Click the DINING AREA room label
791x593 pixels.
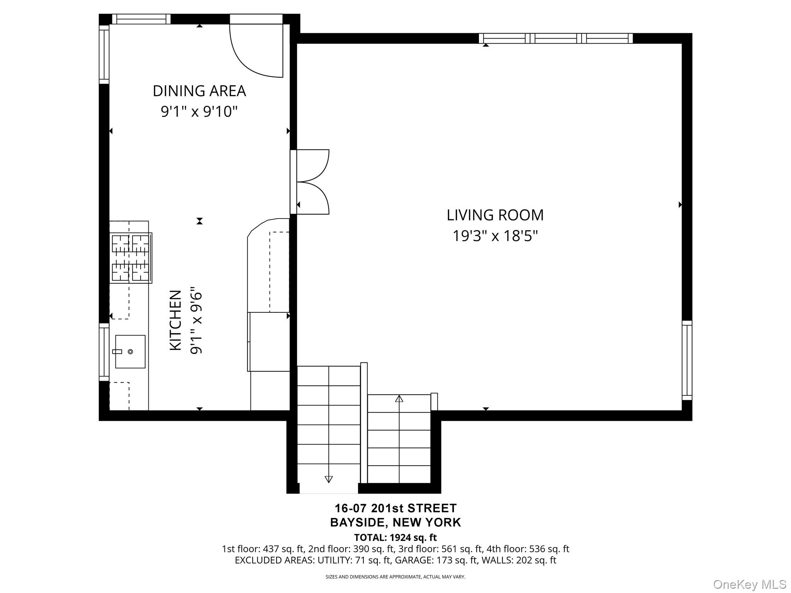click(199, 91)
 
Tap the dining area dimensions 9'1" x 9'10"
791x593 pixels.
click(199, 112)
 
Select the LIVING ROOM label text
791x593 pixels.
click(495, 215)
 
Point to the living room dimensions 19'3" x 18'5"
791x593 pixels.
click(495, 236)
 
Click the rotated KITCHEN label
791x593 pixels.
click(176, 320)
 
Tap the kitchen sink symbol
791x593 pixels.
click(130, 351)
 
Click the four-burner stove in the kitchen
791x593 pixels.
click(131, 258)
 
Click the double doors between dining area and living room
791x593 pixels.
click(311, 182)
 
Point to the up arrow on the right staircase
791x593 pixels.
click(399, 398)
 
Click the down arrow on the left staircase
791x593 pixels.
click(329, 479)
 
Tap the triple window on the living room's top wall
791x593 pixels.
click(555, 38)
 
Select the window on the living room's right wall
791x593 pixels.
click(687, 360)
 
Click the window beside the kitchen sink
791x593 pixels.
click(104, 352)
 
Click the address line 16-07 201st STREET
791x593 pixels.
click(395, 508)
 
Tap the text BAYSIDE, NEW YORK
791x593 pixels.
click(395, 522)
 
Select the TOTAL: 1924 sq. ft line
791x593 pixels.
click(395, 537)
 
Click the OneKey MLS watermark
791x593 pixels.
click(749, 584)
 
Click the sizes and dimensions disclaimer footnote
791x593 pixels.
click(395, 577)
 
